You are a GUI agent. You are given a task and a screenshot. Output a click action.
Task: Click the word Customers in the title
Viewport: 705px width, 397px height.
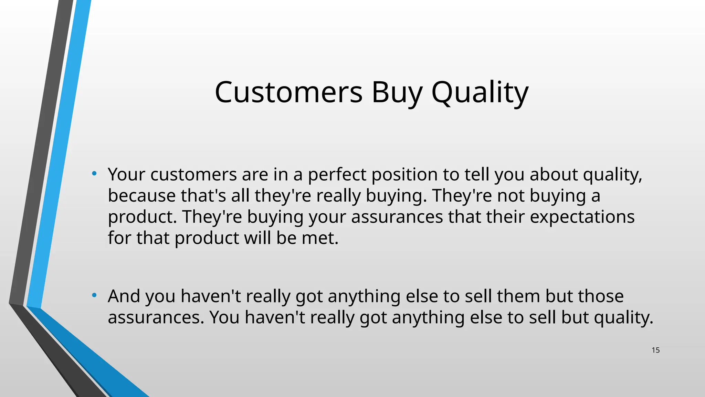(x=288, y=92)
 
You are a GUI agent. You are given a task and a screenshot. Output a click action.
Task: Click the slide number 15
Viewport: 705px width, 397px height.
(x=655, y=350)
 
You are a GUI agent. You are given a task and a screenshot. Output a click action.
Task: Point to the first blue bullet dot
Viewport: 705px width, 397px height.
(x=94, y=173)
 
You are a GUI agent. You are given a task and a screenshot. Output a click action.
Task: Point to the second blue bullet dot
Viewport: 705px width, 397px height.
(x=94, y=295)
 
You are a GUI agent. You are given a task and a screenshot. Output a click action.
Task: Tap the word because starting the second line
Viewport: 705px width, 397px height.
(x=142, y=196)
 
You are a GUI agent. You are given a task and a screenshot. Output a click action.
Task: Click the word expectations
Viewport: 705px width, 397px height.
(x=582, y=217)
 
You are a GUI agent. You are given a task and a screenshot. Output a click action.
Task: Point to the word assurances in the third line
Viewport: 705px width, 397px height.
(x=397, y=217)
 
